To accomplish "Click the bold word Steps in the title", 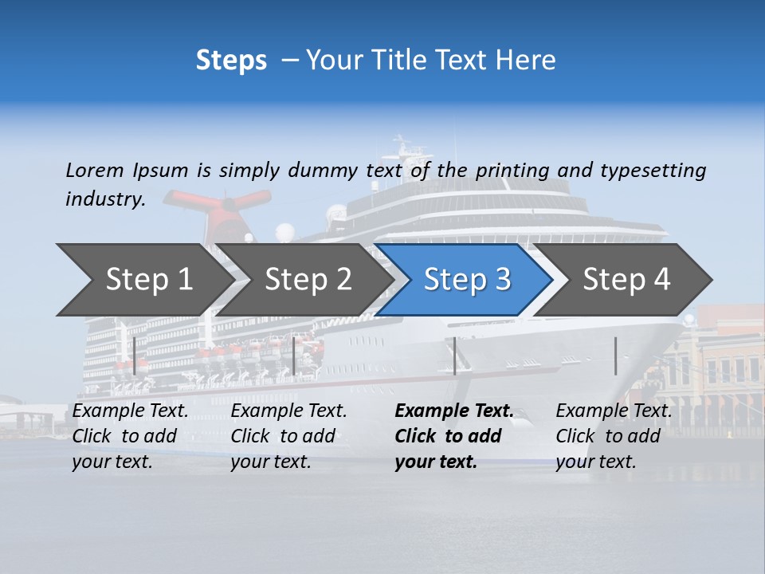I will (x=231, y=61).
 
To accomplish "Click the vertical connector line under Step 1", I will (x=135, y=356).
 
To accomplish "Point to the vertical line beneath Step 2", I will (x=294, y=356).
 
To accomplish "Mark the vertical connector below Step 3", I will (x=454, y=356).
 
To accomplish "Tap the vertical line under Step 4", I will (x=615, y=356).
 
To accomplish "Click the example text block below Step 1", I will (x=130, y=436).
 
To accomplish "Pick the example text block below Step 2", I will (x=288, y=436).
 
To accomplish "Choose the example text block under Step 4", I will (x=613, y=436).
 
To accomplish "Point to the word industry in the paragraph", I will (x=105, y=199).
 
